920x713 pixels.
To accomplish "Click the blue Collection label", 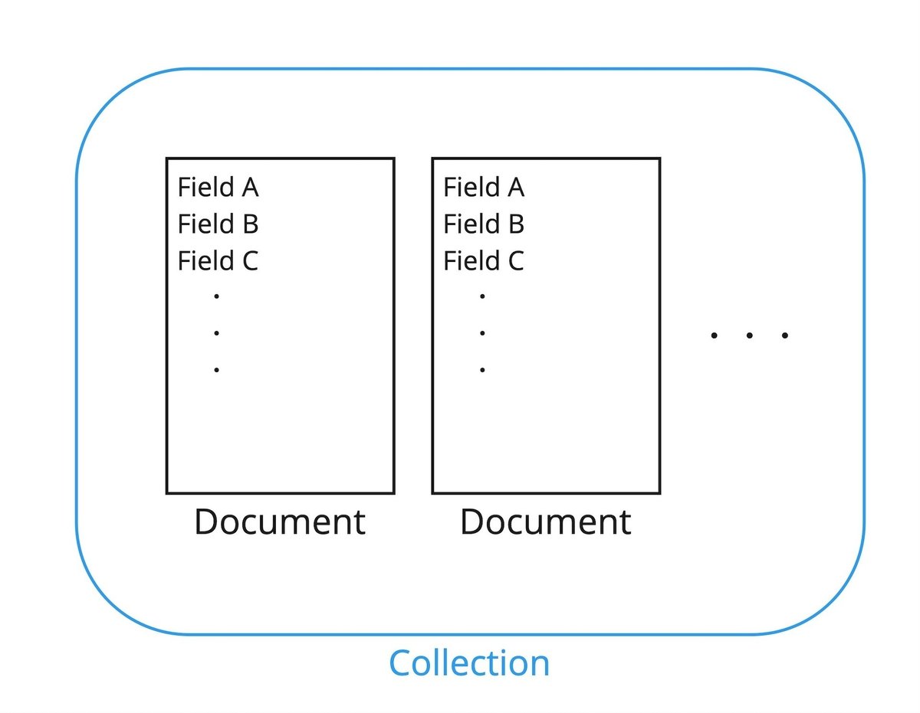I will pos(469,663).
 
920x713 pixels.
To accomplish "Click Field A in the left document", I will pos(218,187).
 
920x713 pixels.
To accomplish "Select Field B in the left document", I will pos(218,224).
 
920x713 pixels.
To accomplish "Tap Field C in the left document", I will pos(218,261).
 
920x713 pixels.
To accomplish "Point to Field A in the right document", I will pos(484,187).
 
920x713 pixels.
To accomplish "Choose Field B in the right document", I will pos(484,224).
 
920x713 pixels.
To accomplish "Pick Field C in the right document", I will pos(484,261).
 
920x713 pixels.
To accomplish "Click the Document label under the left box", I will pos(280,522).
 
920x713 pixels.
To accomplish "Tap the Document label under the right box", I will pos(546,522).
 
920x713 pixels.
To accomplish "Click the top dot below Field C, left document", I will pos(217,296).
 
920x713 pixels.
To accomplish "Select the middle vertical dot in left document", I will pos(217,333).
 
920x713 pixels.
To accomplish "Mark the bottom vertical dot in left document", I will pos(217,370).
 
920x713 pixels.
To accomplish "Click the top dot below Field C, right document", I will pos(482,296).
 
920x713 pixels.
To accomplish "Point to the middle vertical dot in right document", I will pos(482,333).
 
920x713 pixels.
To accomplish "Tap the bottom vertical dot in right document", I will pos(482,370).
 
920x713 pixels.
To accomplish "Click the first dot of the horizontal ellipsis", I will pos(714,335).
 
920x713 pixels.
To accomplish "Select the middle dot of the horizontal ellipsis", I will pos(749,335).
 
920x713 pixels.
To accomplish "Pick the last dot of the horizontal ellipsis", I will pos(784,335).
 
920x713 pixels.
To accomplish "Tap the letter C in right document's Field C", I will pos(515,261).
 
